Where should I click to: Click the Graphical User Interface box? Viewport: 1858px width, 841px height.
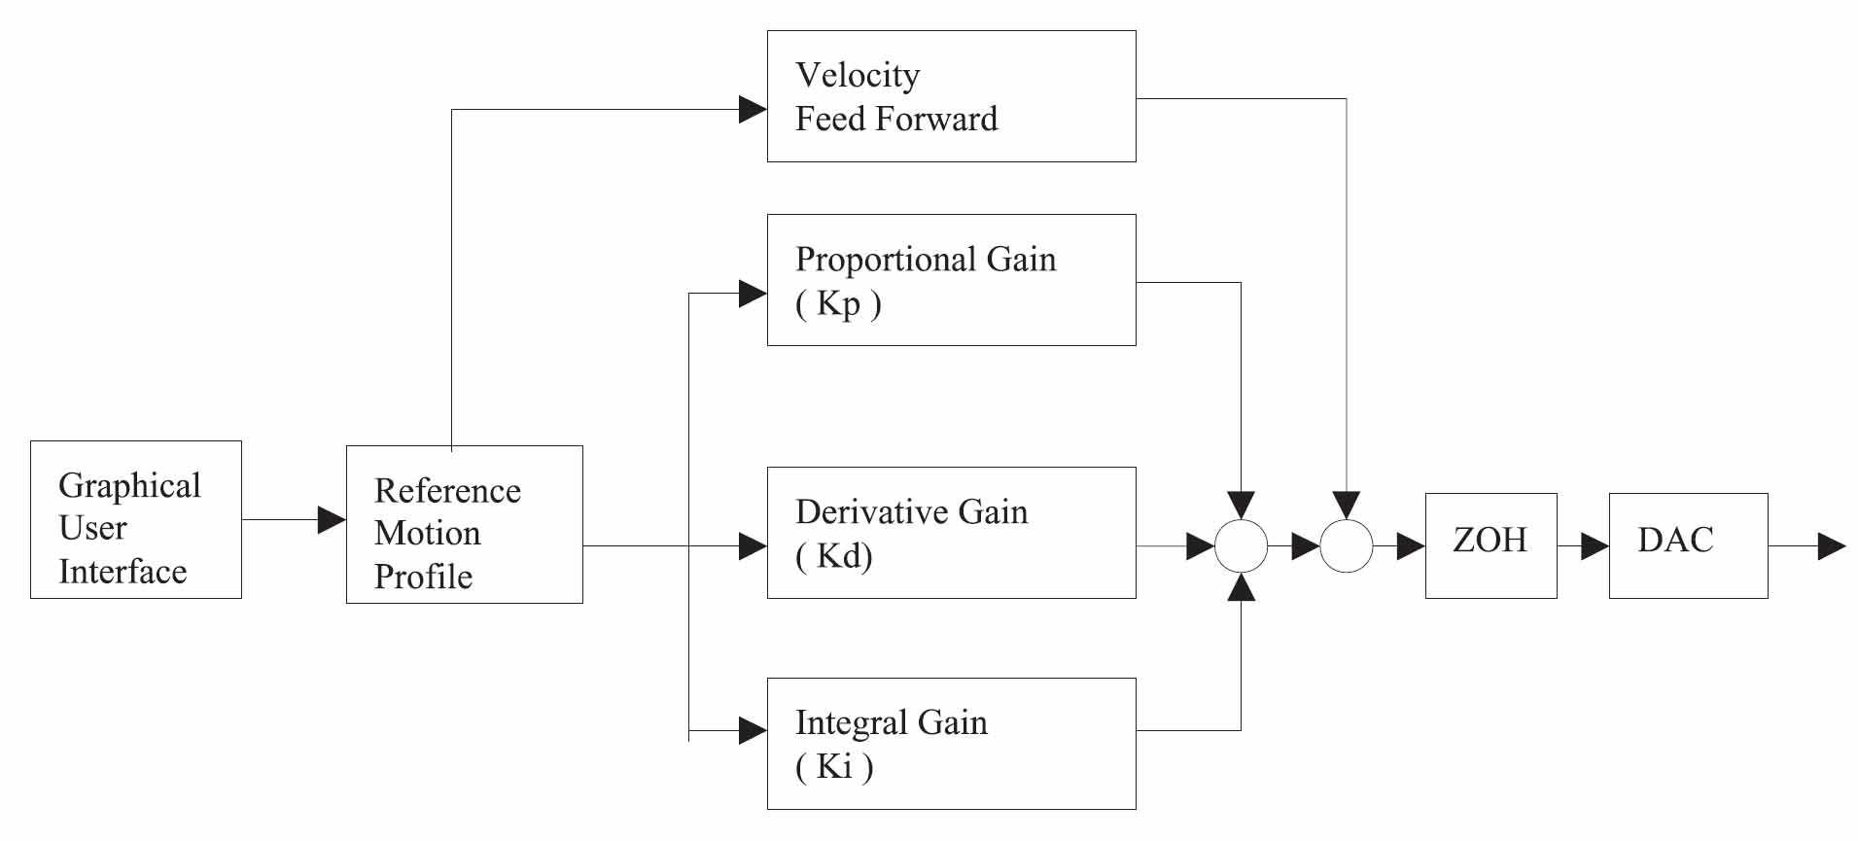(135, 519)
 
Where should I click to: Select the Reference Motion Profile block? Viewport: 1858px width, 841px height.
(464, 525)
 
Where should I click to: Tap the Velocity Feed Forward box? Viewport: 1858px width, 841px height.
(951, 96)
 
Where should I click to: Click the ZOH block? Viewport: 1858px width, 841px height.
(1490, 545)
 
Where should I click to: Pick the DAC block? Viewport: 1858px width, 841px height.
(1687, 545)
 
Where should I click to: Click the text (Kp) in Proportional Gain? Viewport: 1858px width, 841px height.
(838, 304)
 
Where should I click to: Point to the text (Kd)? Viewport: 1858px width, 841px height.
(834, 556)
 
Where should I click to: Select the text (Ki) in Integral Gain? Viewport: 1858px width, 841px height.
(834, 767)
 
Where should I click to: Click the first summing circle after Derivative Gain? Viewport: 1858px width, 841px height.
(1241, 546)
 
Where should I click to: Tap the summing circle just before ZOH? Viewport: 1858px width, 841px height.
(1346, 546)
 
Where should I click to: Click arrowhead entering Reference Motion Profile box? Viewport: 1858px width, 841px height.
(332, 520)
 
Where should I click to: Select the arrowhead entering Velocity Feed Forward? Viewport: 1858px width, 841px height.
(753, 109)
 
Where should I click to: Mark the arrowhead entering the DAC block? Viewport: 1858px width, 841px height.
(1595, 546)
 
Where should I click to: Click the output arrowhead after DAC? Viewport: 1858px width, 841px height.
(1831, 546)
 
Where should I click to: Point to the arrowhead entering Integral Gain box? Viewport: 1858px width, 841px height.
(753, 730)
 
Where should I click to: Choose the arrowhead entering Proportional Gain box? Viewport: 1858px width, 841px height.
(753, 294)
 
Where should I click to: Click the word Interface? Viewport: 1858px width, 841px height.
(123, 572)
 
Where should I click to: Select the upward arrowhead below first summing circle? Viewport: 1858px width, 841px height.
(1241, 588)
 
